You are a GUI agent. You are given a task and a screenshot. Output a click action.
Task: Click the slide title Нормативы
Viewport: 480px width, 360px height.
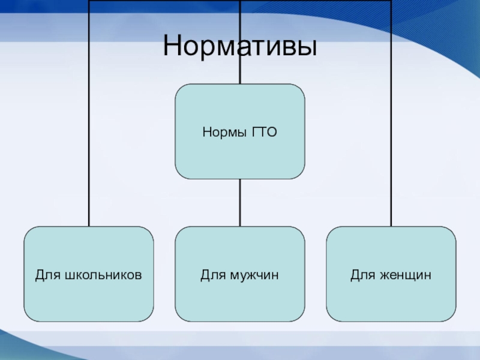(239, 47)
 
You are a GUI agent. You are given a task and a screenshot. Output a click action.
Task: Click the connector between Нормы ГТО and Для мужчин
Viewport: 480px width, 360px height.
(240, 202)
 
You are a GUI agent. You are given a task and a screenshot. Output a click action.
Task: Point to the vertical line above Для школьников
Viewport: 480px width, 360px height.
(89, 150)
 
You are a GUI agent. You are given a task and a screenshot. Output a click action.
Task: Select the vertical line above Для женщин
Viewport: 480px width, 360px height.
(391, 150)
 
